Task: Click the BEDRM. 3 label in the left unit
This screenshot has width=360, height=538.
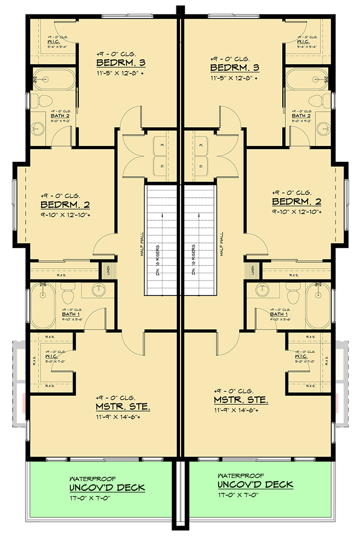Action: [121, 63]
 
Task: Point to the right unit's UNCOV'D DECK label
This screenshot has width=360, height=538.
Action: [255, 485]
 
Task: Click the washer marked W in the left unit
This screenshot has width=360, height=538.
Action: [161, 146]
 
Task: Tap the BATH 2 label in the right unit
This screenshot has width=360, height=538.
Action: [301, 116]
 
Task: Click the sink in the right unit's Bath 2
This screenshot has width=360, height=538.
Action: [323, 127]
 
